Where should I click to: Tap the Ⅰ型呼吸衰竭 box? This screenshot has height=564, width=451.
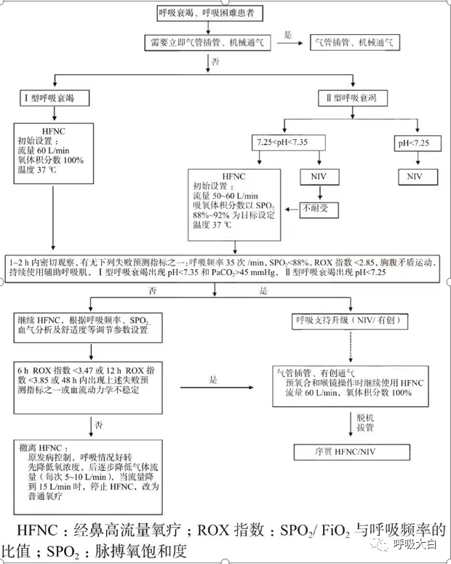click(55, 98)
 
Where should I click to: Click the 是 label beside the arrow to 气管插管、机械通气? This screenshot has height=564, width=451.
click(288, 34)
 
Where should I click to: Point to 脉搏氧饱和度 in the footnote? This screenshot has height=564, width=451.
click(128, 552)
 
